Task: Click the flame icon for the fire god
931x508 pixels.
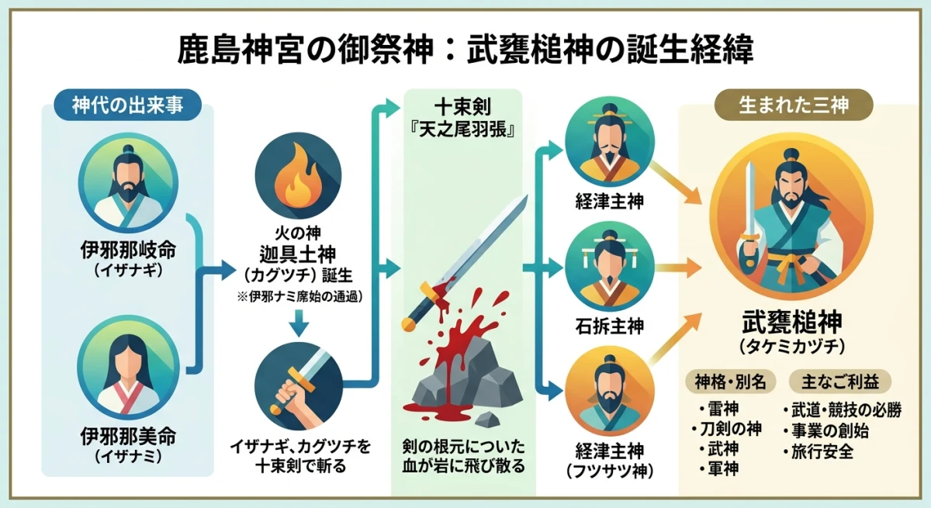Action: pos(298,177)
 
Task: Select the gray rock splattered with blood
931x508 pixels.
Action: pos(465,376)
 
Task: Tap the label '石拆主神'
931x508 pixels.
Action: pos(611,324)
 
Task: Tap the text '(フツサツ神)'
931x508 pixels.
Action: pos(611,469)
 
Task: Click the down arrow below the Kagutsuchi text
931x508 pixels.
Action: pos(298,323)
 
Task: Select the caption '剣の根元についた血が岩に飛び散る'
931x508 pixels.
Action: pos(464,457)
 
